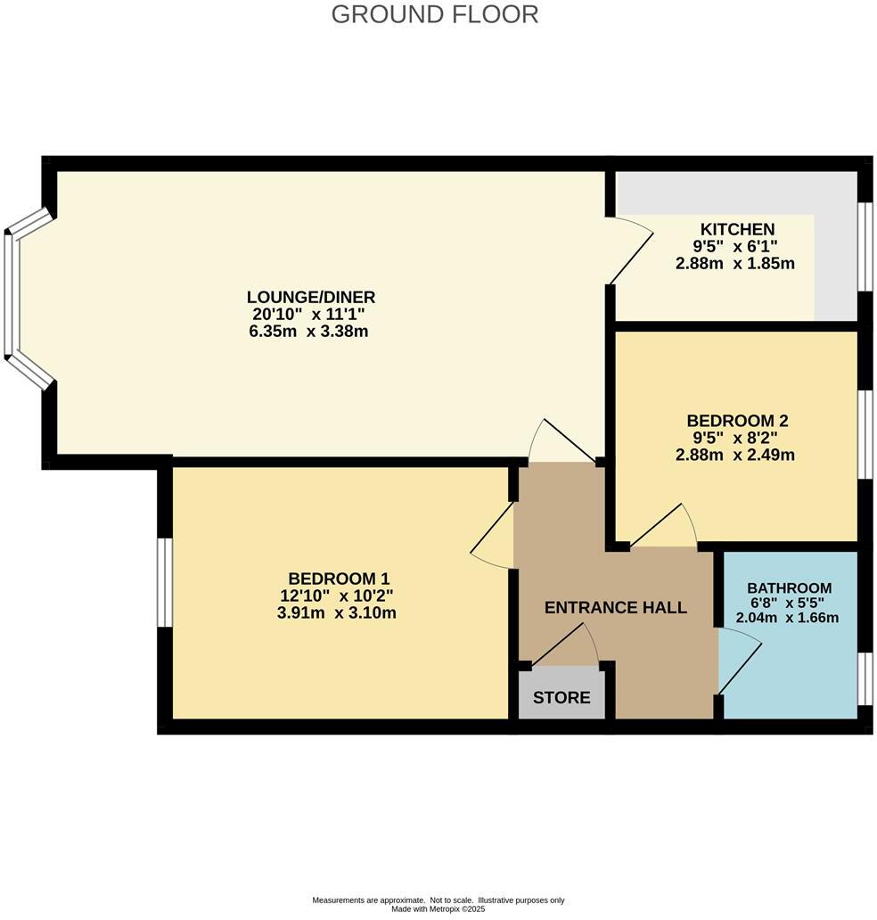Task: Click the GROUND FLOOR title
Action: (435, 14)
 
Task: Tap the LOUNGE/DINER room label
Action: (311, 297)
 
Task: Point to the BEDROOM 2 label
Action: (737, 420)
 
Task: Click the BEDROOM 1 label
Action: (339, 579)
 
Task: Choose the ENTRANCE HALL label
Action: (616, 608)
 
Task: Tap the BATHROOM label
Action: (789, 588)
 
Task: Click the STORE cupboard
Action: (561, 697)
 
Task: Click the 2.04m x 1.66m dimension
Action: (789, 618)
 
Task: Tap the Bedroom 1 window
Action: (164, 583)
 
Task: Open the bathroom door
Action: (738, 660)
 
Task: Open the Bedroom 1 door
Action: (493, 534)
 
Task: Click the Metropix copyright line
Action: (438, 909)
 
